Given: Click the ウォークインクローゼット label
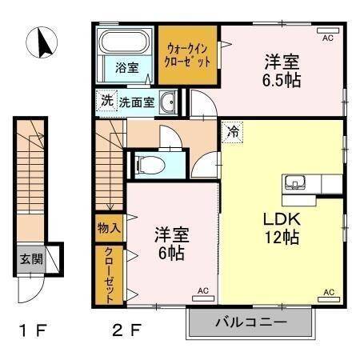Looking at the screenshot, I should click(x=188, y=55).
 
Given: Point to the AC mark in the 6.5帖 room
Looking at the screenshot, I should click(x=327, y=37).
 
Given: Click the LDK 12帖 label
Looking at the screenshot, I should click(x=281, y=226).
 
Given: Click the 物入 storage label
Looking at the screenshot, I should click(x=109, y=228).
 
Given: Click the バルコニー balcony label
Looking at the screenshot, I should click(x=249, y=324).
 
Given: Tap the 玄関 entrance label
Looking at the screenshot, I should click(x=31, y=258).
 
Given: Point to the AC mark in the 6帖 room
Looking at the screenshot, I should click(x=202, y=290).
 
